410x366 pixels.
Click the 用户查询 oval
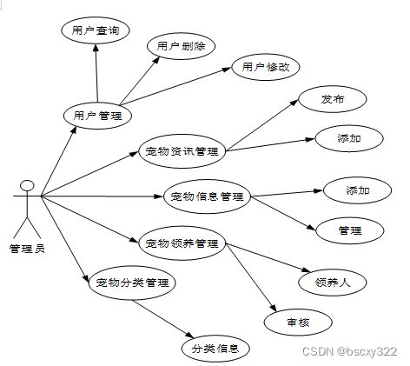96,30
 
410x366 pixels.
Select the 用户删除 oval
181,46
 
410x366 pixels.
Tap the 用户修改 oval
266,67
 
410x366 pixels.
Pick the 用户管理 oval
97,116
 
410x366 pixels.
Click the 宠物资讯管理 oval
182,151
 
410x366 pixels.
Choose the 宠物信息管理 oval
207,196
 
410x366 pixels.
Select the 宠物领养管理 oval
182,243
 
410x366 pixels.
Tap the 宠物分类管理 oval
132,283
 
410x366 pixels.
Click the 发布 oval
333,99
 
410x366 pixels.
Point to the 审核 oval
298,323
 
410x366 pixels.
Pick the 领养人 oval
333,283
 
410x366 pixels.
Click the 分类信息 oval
215,349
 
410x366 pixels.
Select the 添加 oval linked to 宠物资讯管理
349,138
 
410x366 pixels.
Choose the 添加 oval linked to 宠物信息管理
358,190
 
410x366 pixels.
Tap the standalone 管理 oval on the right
350,230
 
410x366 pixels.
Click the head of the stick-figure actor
27,185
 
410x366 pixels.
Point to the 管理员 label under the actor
27,249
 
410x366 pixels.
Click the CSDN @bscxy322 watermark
350,351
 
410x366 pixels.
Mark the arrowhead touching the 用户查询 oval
96,48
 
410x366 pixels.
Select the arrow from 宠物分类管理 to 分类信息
163,319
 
